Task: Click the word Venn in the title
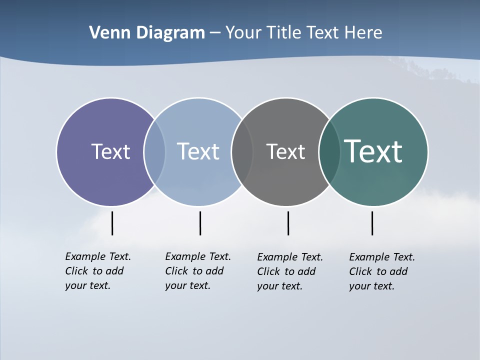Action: click(108, 33)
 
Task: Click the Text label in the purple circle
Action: click(110, 151)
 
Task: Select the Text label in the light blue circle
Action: click(198, 151)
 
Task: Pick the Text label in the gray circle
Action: click(285, 151)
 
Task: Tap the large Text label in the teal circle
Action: click(373, 151)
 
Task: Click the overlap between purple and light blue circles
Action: click(154, 151)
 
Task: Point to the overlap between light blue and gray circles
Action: click(242, 151)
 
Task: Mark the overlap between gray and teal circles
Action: click(329, 151)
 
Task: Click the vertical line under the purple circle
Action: click(112, 223)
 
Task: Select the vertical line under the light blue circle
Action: click(200, 223)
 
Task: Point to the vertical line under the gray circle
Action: click(288, 223)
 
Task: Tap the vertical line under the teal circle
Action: click(372, 223)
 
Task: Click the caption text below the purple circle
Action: click(98, 271)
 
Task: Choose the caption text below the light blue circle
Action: click(198, 271)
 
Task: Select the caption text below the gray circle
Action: click(290, 271)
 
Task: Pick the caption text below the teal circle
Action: click(382, 271)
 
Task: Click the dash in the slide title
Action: click(215, 33)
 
